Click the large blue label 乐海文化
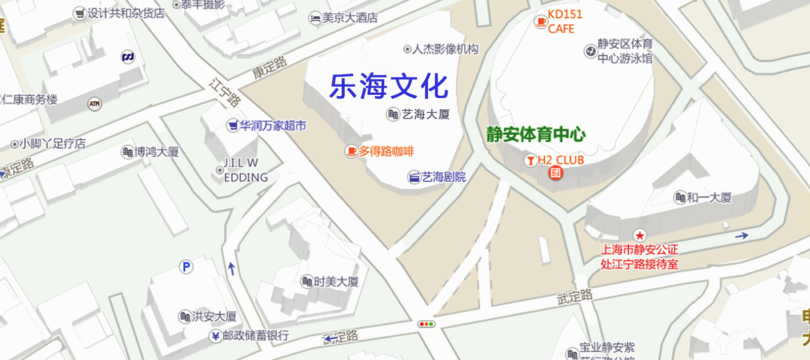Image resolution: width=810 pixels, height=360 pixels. (x=389, y=86)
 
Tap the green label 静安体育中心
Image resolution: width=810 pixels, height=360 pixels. (x=536, y=135)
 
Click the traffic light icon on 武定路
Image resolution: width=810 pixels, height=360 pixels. (x=426, y=324)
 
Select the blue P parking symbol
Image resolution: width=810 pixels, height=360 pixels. (x=186, y=267)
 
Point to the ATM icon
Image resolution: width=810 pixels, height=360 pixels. (x=95, y=104)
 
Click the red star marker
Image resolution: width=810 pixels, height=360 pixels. (x=640, y=235)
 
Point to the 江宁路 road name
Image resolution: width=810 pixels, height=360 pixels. (x=225, y=92)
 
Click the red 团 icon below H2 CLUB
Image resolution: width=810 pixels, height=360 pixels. (x=555, y=173)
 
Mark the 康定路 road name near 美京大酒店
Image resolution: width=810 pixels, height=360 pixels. (x=269, y=67)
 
